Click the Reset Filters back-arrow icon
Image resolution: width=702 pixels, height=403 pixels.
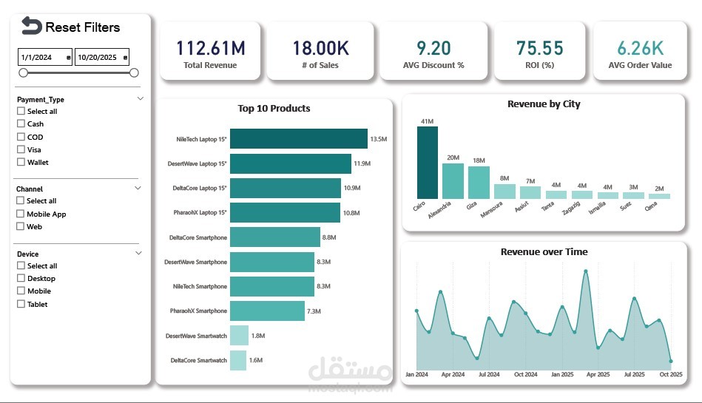[31, 27]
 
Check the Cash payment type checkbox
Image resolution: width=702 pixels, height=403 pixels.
[21, 124]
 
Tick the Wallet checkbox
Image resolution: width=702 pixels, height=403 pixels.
[21, 162]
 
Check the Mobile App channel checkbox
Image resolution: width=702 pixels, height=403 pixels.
[21, 214]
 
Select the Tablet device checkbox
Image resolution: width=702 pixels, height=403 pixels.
[21, 304]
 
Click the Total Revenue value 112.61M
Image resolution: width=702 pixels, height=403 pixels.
[210, 48]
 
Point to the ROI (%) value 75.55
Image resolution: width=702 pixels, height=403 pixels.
[539, 48]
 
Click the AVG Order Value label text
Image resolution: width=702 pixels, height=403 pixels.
[640, 65]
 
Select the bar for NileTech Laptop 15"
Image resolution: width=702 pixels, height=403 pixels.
[298, 138]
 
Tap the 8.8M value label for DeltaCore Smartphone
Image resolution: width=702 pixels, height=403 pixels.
[331, 237]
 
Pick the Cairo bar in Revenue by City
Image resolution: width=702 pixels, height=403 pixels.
[427, 162]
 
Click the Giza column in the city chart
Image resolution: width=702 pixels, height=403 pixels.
[479, 182]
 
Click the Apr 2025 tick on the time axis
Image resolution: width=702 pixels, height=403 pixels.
[596, 375]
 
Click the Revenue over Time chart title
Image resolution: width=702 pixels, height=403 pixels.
[544, 252]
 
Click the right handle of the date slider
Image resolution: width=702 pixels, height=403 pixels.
[134, 72]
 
